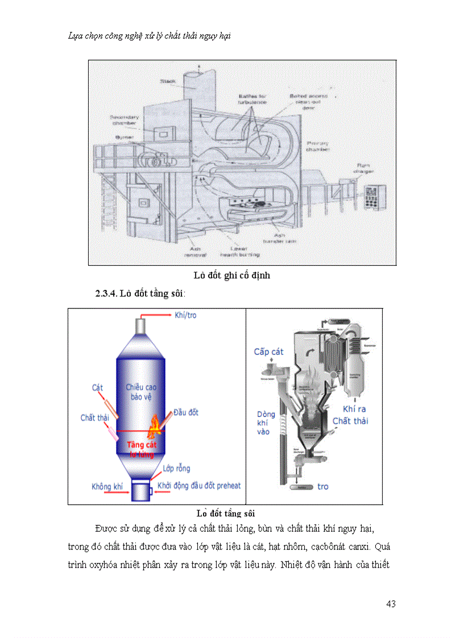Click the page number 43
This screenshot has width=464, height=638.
(x=390, y=603)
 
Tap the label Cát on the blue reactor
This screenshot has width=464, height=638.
(x=97, y=388)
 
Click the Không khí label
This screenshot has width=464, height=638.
(x=107, y=487)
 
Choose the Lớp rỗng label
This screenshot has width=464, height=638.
(x=176, y=469)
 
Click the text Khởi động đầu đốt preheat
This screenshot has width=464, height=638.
(x=199, y=486)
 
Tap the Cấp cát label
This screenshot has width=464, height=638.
(x=268, y=352)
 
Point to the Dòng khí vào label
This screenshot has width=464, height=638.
(x=266, y=423)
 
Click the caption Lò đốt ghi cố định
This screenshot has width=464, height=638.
(x=231, y=276)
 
